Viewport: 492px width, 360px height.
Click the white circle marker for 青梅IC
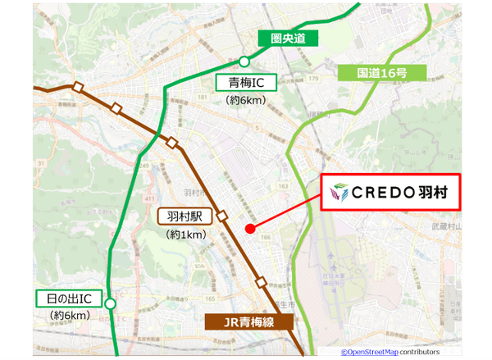(x=244, y=61)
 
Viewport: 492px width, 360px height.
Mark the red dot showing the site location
(x=249, y=229)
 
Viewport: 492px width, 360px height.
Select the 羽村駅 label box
(x=185, y=217)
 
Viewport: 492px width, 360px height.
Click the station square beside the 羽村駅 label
(x=221, y=216)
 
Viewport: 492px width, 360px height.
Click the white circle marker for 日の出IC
(x=111, y=303)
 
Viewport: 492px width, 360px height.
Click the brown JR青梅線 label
(x=244, y=322)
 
